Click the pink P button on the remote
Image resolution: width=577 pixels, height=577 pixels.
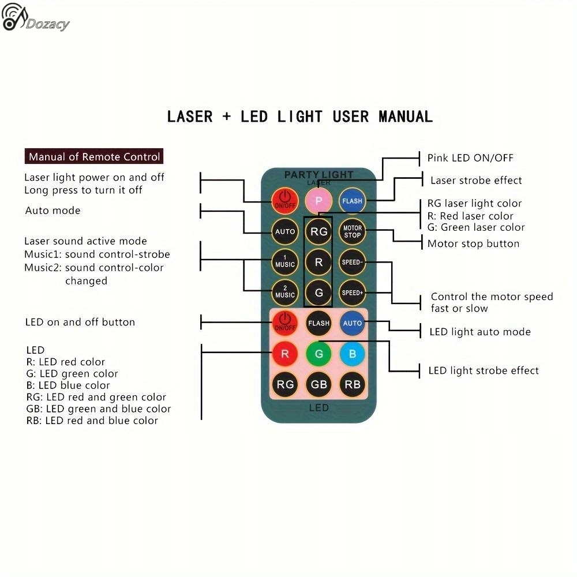click(319, 201)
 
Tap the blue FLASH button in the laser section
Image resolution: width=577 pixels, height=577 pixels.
click(352, 201)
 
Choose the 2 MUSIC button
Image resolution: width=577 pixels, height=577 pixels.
click(285, 291)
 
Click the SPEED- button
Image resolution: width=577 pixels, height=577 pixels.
click(352, 261)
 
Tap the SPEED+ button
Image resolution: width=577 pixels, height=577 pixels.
click(352, 292)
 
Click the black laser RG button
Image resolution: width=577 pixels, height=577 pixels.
click(319, 231)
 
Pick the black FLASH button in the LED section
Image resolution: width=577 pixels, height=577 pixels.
click(319, 323)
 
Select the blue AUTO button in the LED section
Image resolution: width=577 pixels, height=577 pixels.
click(352, 323)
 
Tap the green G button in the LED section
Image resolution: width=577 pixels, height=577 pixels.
click(319, 354)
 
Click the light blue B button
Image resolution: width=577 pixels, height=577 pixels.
click(352, 354)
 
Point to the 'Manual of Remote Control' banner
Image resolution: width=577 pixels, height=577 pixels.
click(94, 156)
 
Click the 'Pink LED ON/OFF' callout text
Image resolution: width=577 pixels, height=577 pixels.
click(470, 158)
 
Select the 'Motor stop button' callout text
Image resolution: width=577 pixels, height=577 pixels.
click(473, 243)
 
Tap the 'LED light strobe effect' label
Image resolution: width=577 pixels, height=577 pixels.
click(484, 370)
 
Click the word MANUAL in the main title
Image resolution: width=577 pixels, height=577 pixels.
click(405, 117)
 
